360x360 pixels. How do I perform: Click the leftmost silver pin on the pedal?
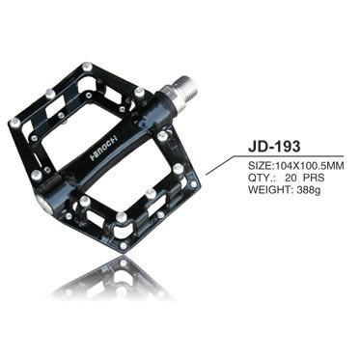14,123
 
